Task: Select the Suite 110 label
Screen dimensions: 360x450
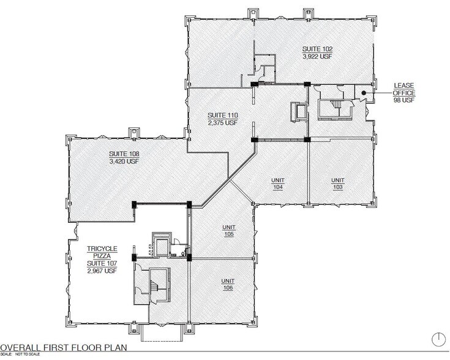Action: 222,114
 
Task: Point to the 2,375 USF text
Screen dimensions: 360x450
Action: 222,122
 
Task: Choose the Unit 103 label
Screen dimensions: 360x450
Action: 338,184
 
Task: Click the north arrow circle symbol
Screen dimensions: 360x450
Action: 438,339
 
